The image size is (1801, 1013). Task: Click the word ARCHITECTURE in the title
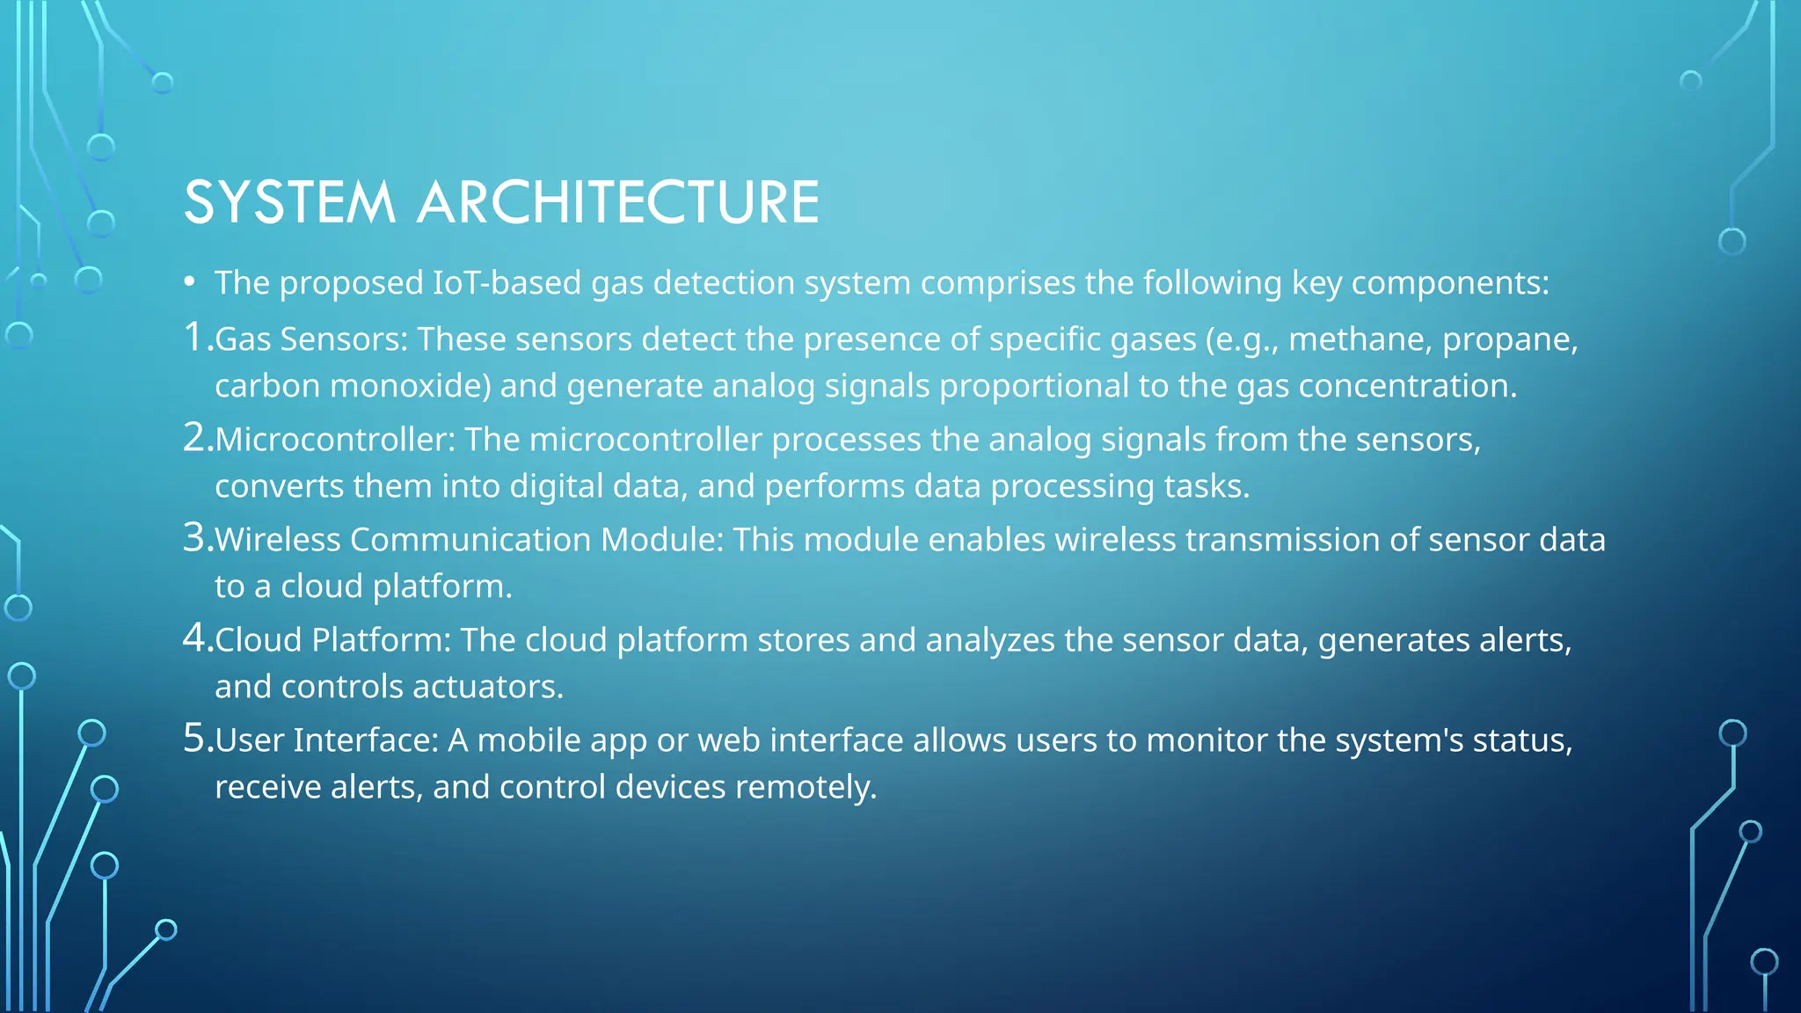pyautogui.click(x=618, y=202)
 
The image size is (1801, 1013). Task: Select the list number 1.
pyautogui.click(x=195, y=337)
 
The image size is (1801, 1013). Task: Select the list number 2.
pyautogui.click(x=195, y=437)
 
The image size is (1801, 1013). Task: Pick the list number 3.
pyautogui.click(x=195, y=537)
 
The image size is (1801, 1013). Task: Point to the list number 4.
pyautogui.click(x=195, y=638)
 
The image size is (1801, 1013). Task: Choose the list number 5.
pyautogui.click(x=195, y=738)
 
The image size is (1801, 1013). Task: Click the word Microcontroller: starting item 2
pyautogui.click(x=335, y=440)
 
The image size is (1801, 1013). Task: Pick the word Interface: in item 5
pyautogui.click(x=365, y=740)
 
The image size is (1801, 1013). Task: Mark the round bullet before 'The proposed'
pyautogui.click(x=189, y=283)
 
